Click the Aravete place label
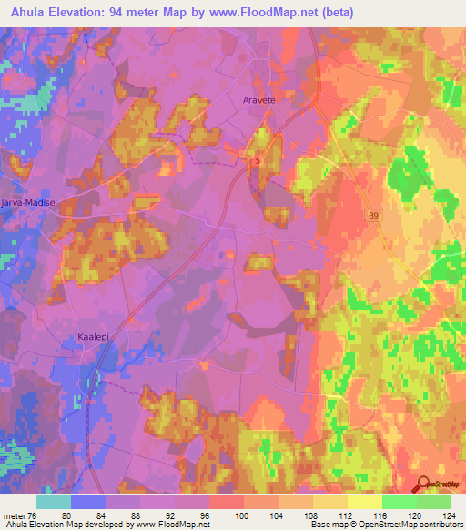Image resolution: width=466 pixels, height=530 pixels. click(258, 100)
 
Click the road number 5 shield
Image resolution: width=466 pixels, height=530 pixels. click(258, 160)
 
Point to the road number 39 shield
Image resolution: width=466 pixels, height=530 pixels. click(374, 214)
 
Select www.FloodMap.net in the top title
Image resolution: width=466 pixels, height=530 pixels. click(269, 12)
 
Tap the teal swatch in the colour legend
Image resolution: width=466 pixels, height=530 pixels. click(54, 502)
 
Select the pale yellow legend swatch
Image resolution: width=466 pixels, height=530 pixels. click(364, 502)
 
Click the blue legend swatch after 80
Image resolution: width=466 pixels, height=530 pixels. click(88, 502)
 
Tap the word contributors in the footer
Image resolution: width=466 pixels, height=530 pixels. click(441, 524)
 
